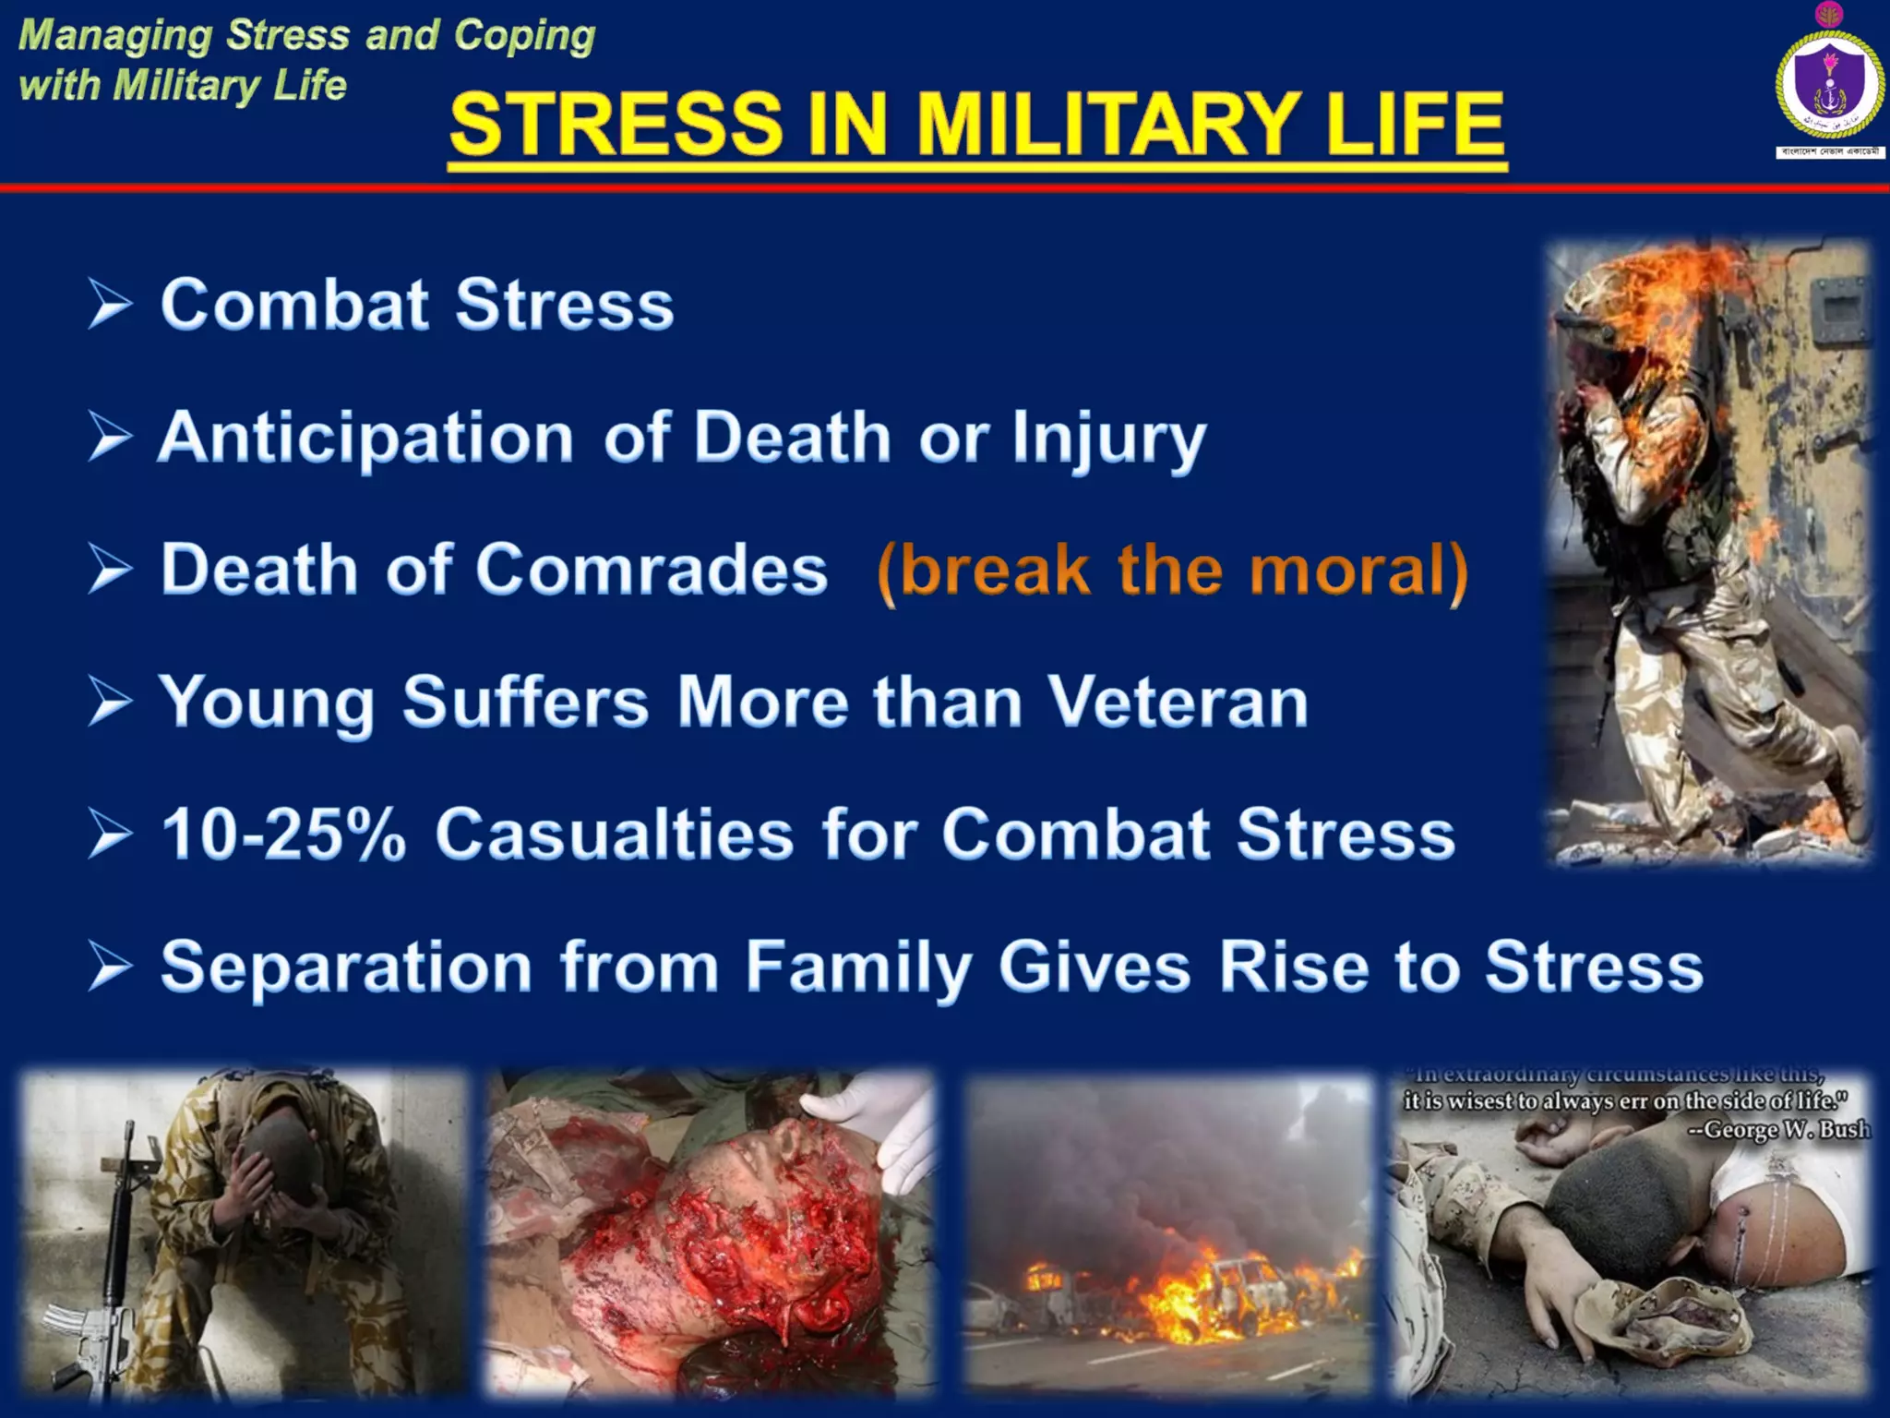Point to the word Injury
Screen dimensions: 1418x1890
point(1108,439)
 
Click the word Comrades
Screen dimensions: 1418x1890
point(652,569)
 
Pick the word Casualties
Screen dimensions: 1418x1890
point(614,834)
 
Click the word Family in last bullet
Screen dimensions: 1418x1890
point(858,967)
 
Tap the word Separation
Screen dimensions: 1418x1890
point(346,967)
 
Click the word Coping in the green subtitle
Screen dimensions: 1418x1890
point(523,35)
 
